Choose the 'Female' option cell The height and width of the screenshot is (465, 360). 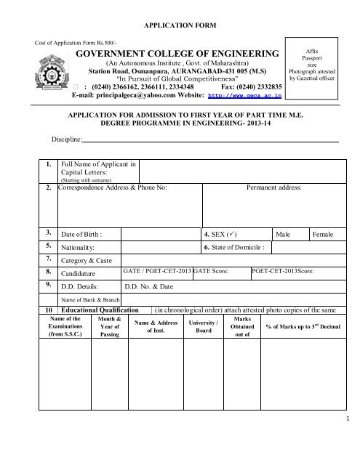(x=324, y=235)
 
